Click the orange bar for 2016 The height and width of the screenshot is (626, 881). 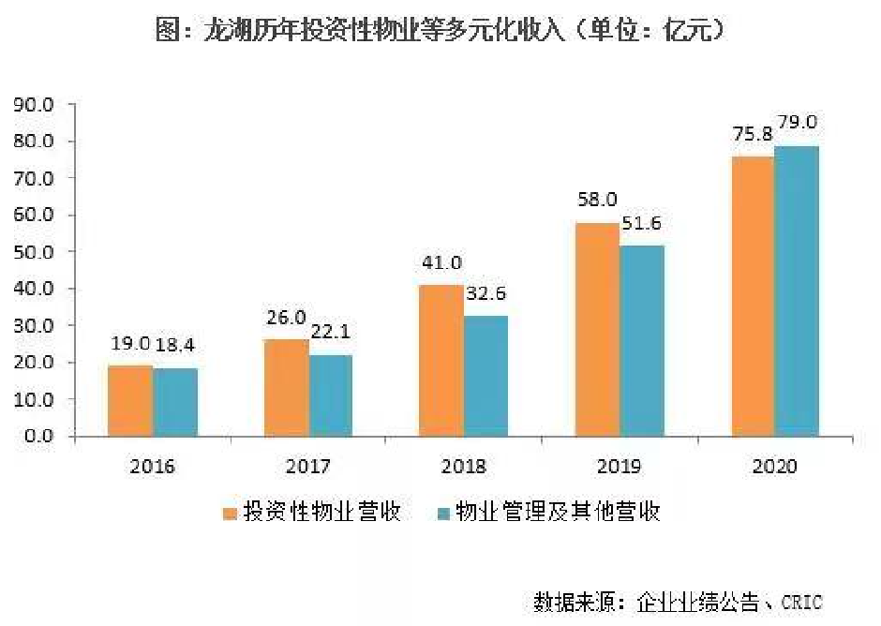(x=130, y=400)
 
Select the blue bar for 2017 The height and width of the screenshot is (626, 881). (x=330, y=395)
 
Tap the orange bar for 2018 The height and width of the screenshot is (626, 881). (x=440, y=360)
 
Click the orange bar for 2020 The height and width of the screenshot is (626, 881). (x=752, y=296)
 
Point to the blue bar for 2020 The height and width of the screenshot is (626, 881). (x=797, y=291)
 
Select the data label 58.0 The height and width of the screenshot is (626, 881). (x=597, y=199)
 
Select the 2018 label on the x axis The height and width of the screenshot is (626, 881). (x=463, y=466)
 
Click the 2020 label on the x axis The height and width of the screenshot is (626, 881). (x=774, y=466)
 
